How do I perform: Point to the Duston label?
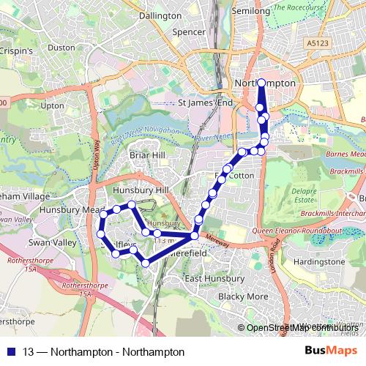coord(61,48)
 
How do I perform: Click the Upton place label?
coord(53,105)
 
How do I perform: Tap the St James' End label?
coord(206,103)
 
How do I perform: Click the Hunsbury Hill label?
coord(141,190)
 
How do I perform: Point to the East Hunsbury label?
coord(215,279)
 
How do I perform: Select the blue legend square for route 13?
coord(11,352)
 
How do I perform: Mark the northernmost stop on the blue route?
coord(261,82)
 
